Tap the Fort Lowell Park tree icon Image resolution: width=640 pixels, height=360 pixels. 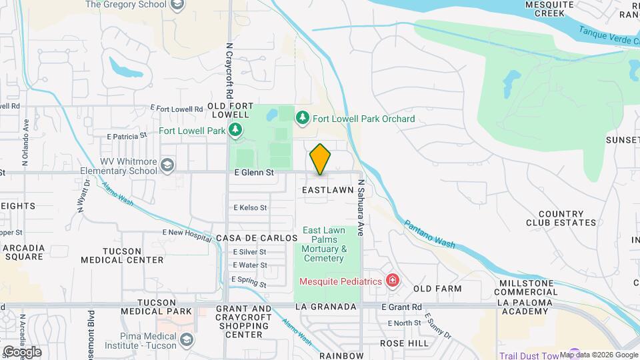pos(235,131)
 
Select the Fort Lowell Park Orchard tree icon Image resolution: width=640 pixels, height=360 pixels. pos(303,118)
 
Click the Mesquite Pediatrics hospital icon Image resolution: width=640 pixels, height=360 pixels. pos(392,280)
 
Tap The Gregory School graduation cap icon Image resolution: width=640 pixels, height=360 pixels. pos(177,5)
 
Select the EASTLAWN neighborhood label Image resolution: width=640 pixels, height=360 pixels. pos(327,190)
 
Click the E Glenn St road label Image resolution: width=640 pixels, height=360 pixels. pos(254,172)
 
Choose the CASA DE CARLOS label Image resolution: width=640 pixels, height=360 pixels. pos(256,238)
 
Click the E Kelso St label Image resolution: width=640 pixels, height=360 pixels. pos(250,208)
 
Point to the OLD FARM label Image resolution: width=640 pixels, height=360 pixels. pos(437,289)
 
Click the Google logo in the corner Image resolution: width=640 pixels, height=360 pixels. pos(22,351)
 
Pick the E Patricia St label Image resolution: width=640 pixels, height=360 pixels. pos(126,136)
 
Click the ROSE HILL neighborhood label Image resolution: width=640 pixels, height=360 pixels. pos(404,343)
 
